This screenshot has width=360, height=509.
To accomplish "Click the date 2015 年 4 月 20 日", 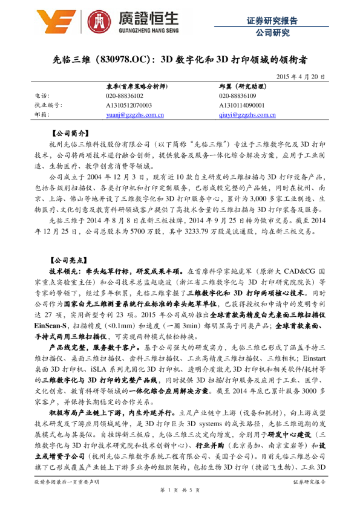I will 301,77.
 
